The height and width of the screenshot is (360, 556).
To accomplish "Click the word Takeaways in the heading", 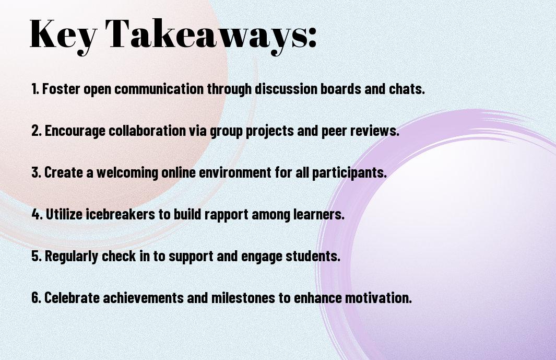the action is tap(202, 35).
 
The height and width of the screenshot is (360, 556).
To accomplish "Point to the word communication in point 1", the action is tap(159, 89).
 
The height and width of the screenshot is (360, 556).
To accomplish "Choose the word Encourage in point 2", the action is tap(75, 131).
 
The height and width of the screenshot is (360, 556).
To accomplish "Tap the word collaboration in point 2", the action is tap(147, 131).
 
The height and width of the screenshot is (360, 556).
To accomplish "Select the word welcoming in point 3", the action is tap(127, 172).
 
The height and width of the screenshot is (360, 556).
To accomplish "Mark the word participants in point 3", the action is tap(349, 172).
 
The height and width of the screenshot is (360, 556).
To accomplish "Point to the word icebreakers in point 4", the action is tap(121, 214).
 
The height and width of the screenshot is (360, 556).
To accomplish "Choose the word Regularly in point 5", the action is tap(72, 257).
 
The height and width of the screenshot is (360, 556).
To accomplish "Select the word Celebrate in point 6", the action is tap(72, 297).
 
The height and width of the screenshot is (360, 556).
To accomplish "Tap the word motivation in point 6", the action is tap(378, 297).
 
